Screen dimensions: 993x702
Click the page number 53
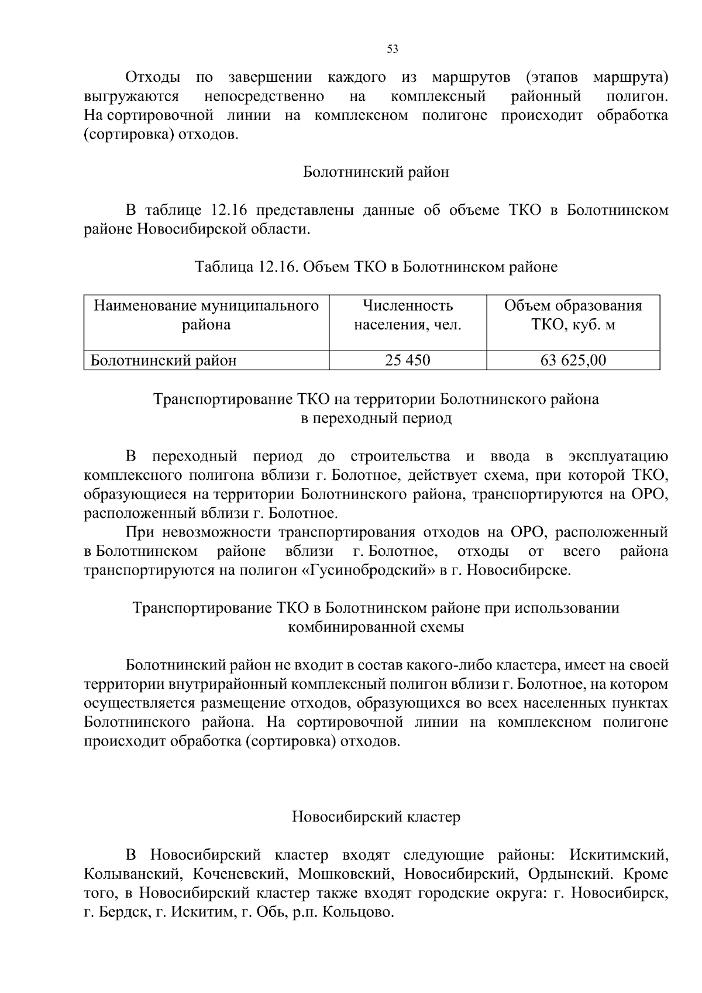[x=393, y=50]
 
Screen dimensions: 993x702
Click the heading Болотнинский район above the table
[x=376, y=173]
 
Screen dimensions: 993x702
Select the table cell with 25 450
[x=407, y=360]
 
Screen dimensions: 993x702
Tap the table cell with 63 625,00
[x=573, y=360]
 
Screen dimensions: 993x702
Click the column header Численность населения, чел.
[x=407, y=315]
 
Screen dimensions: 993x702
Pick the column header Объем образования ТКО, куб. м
[x=573, y=315]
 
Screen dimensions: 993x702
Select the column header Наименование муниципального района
[x=206, y=315]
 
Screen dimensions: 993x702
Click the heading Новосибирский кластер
[x=376, y=817]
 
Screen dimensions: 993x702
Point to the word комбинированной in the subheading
[x=352, y=627]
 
